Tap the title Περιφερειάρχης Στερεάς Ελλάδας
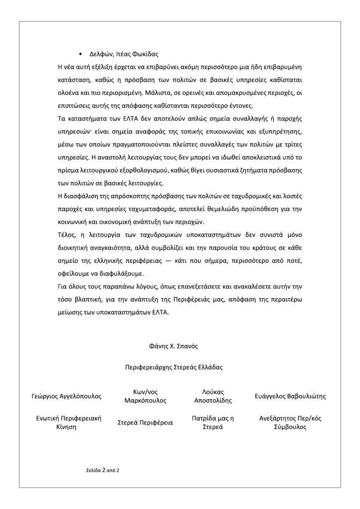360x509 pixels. [174, 368]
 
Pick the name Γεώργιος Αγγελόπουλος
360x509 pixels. [66, 396]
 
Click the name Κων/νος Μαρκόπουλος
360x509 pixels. [145, 396]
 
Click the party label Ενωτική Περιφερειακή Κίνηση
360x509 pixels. [66, 423]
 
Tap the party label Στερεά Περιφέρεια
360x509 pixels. [145, 423]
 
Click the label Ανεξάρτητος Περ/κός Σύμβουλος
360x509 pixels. [290, 423]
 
